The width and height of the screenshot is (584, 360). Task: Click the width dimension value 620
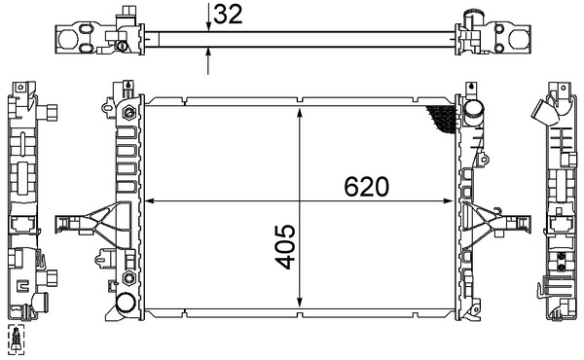[366, 186]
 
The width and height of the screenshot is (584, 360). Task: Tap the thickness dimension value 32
[228, 14]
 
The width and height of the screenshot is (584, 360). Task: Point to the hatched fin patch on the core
[443, 120]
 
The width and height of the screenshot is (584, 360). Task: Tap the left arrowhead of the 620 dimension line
[147, 201]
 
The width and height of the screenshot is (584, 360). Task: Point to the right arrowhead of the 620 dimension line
[453, 201]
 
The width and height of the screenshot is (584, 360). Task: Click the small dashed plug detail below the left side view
[18, 340]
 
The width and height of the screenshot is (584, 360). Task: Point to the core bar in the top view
[292, 38]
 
